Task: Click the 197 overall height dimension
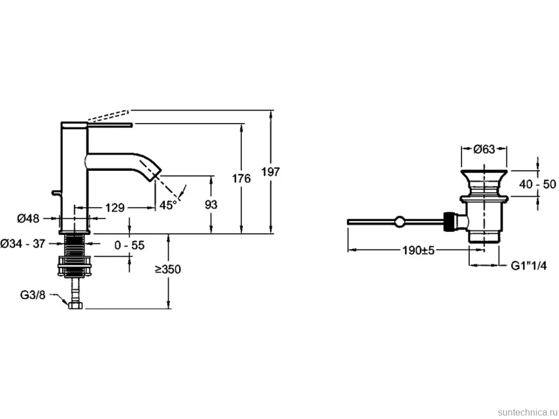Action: pyautogui.click(x=271, y=172)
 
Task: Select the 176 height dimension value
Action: pyautogui.click(x=241, y=178)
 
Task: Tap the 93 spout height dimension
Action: pyautogui.click(x=211, y=205)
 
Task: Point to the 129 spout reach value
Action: pyautogui.click(x=115, y=207)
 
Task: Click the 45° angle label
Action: pyautogui.click(x=168, y=205)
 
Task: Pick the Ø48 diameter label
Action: pyautogui.click(x=28, y=218)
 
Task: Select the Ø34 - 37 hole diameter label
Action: pyautogui.click(x=23, y=243)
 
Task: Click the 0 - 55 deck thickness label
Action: pyautogui.click(x=130, y=245)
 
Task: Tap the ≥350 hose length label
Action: pyautogui.click(x=168, y=269)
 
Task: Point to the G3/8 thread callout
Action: pyautogui.click(x=33, y=295)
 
